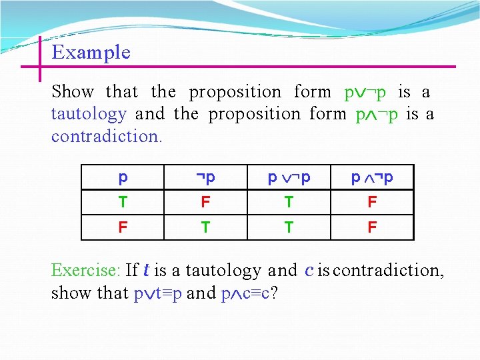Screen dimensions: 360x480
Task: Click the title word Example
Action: point(91,53)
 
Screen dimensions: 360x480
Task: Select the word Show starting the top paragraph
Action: point(73,91)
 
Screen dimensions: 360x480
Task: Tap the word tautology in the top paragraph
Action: point(89,114)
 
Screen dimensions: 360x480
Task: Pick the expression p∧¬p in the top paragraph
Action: point(377,114)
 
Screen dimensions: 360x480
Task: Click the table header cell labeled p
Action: point(123,177)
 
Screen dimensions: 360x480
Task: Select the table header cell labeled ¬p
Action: point(205,177)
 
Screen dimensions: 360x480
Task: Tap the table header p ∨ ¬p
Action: point(289,177)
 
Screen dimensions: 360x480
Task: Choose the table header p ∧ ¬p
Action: point(372,177)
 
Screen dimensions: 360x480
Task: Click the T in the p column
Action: point(123,202)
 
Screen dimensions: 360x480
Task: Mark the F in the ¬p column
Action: point(205,202)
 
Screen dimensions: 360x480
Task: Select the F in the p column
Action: point(123,227)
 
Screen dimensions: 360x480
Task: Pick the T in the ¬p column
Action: point(205,227)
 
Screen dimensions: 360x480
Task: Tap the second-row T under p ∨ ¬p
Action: point(289,227)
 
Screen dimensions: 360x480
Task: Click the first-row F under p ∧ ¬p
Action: point(372,202)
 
